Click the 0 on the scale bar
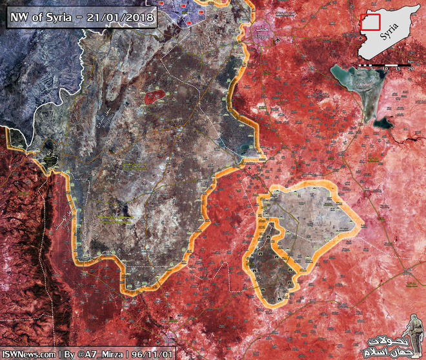pos(385,68)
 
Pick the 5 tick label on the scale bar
pos(392,68)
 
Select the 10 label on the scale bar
pos(400,68)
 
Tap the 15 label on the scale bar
pos(406,68)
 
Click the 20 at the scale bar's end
pos(413,68)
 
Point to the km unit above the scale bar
pos(411,61)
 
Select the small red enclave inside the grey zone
pos(153,97)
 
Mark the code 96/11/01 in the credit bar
pos(152,354)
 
